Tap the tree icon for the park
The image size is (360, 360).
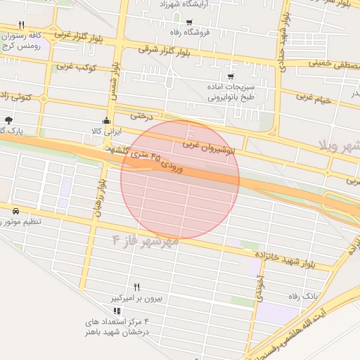click(8, 120)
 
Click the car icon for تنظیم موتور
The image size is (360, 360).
click(15, 210)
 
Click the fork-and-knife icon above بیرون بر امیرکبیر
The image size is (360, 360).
click(136, 287)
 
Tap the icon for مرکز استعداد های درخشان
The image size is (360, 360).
click(117, 310)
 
